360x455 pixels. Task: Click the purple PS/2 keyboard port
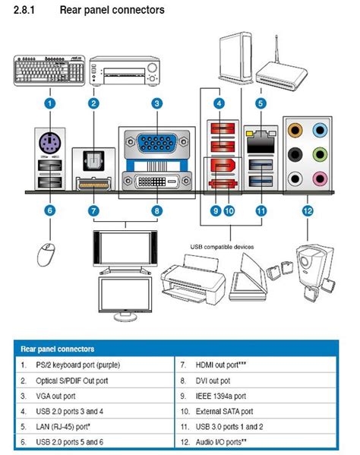[x=50, y=143]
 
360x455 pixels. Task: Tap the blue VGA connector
[x=157, y=142]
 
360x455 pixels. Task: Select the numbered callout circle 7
[x=93, y=210]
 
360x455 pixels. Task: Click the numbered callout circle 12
[x=308, y=210]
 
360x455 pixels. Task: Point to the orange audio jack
[x=295, y=130]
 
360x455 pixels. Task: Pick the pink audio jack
[x=320, y=179]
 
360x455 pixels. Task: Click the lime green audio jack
[x=320, y=154]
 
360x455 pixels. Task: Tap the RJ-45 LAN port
[x=261, y=141]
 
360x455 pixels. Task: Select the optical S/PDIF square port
[x=93, y=160]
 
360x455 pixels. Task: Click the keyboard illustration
[x=49, y=71]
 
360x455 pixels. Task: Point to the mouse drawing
[x=46, y=254]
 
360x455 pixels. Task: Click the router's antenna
[x=276, y=49]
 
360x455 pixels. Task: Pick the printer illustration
[x=193, y=280]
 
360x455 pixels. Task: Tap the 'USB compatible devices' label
[x=222, y=247]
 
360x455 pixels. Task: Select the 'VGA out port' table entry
[x=55, y=396]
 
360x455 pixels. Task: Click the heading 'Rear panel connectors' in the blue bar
[x=58, y=349]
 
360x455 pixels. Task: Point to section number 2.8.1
[x=24, y=10]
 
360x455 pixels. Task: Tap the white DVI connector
[x=157, y=182]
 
